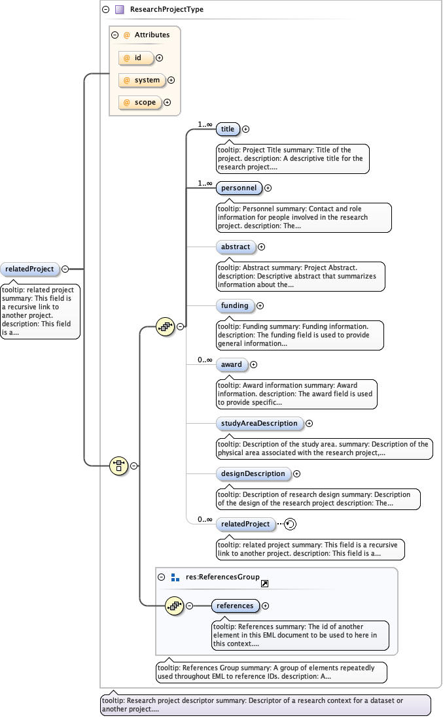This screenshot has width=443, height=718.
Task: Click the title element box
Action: coord(228,129)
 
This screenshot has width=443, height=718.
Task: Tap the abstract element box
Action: coord(236,247)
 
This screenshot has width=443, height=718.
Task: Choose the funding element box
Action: coord(235,305)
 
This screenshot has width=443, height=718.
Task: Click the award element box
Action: coord(232,365)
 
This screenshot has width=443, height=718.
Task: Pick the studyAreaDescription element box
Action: coord(259,424)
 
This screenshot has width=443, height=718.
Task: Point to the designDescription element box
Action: coord(253,473)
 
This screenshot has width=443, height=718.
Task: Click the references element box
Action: coord(235,606)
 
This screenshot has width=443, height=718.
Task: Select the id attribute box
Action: coord(136,58)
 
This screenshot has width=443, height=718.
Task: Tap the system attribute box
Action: coord(142,80)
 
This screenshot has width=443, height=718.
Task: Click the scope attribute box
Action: coord(140,103)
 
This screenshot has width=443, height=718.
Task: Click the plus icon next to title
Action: coord(246,129)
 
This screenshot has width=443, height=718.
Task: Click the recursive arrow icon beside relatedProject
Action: coord(291,524)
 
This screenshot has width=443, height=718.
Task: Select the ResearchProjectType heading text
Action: coord(167,10)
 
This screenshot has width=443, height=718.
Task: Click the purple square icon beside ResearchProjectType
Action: coord(120,10)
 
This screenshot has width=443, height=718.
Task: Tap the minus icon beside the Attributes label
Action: coord(115,35)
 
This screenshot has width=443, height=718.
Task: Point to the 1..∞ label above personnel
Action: coord(205,183)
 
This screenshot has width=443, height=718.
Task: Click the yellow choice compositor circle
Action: coord(118,466)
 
